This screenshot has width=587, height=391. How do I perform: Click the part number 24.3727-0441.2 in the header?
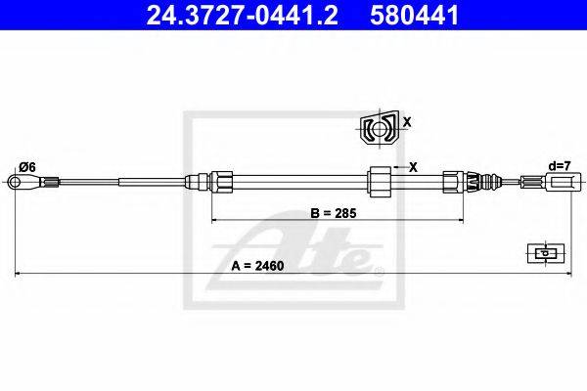click(x=243, y=16)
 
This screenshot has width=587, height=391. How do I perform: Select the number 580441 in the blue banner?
click(x=414, y=16)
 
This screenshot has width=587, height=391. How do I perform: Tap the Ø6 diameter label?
click(x=27, y=167)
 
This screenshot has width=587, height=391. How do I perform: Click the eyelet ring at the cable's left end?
click(x=15, y=182)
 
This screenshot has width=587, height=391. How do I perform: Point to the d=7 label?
click(x=560, y=165)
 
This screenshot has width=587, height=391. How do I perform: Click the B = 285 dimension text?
click(x=334, y=213)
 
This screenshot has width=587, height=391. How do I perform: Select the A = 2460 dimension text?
click(x=257, y=266)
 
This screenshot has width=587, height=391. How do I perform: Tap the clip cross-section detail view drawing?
click(x=380, y=129)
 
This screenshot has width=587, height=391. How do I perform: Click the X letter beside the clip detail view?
click(x=407, y=121)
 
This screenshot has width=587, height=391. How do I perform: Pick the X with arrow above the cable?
click(x=406, y=167)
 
